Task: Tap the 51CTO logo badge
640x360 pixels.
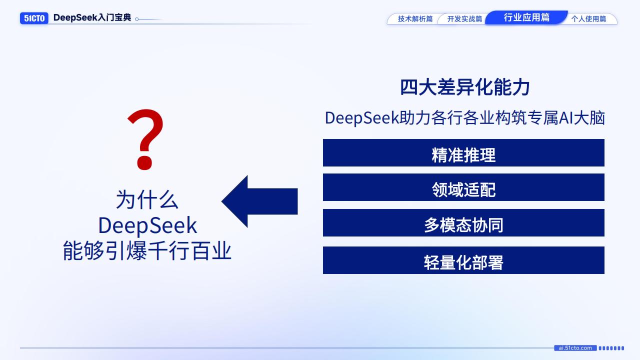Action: click(34, 18)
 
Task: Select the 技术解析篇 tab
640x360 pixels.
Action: click(415, 19)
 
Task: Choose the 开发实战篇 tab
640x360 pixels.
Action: click(464, 19)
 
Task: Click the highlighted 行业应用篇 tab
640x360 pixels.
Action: click(526, 17)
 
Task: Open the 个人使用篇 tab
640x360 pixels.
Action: click(588, 19)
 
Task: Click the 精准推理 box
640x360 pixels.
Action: click(463, 153)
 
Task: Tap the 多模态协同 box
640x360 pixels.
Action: click(463, 223)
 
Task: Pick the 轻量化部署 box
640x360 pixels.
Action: click(463, 260)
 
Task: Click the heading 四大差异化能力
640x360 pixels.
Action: click(464, 87)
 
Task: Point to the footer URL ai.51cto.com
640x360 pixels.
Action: click(575, 348)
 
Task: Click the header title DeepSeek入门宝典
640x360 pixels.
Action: click(92, 17)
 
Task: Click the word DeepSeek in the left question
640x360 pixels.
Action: click(147, 225)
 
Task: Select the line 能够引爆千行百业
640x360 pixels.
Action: click(147, 250)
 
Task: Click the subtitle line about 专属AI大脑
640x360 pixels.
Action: click(464, 118)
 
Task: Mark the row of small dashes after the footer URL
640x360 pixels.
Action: click(611, 348)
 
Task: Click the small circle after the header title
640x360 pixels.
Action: click(137, 19)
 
